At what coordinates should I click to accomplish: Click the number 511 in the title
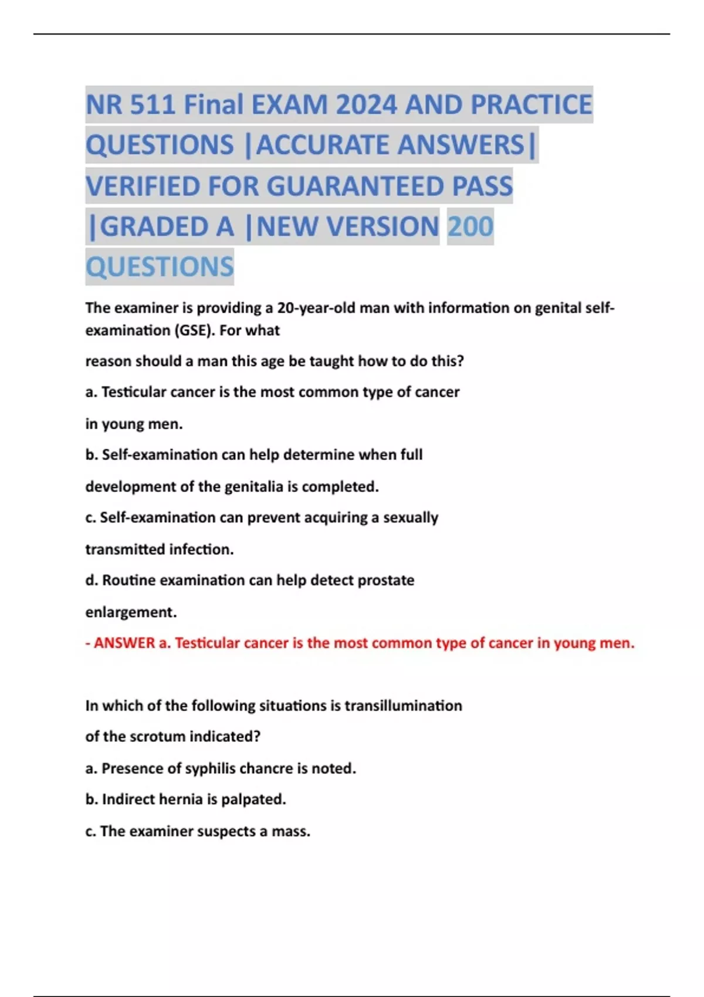click(152, 105)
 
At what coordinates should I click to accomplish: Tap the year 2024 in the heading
click(368, 105)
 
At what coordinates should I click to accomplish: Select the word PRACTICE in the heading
click(532, 105)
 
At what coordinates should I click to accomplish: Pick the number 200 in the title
click(470, 227)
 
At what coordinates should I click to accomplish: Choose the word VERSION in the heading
click(383, 227)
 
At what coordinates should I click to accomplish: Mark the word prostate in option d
click(385, 581)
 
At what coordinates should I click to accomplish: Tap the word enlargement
click(131, 612)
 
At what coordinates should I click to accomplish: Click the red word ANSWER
click(124, 643)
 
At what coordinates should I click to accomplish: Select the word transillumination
click(402, 706)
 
